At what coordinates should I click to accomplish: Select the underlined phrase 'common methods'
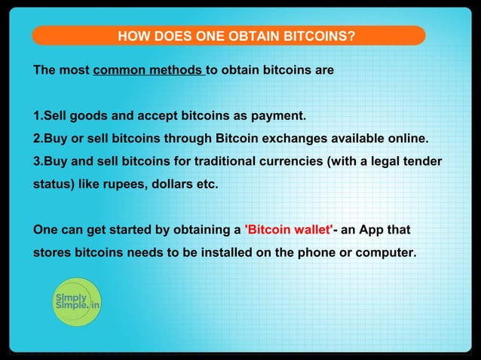[149, 71]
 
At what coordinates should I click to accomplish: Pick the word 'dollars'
[170, 184]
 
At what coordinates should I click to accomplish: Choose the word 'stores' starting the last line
[52, 252]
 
